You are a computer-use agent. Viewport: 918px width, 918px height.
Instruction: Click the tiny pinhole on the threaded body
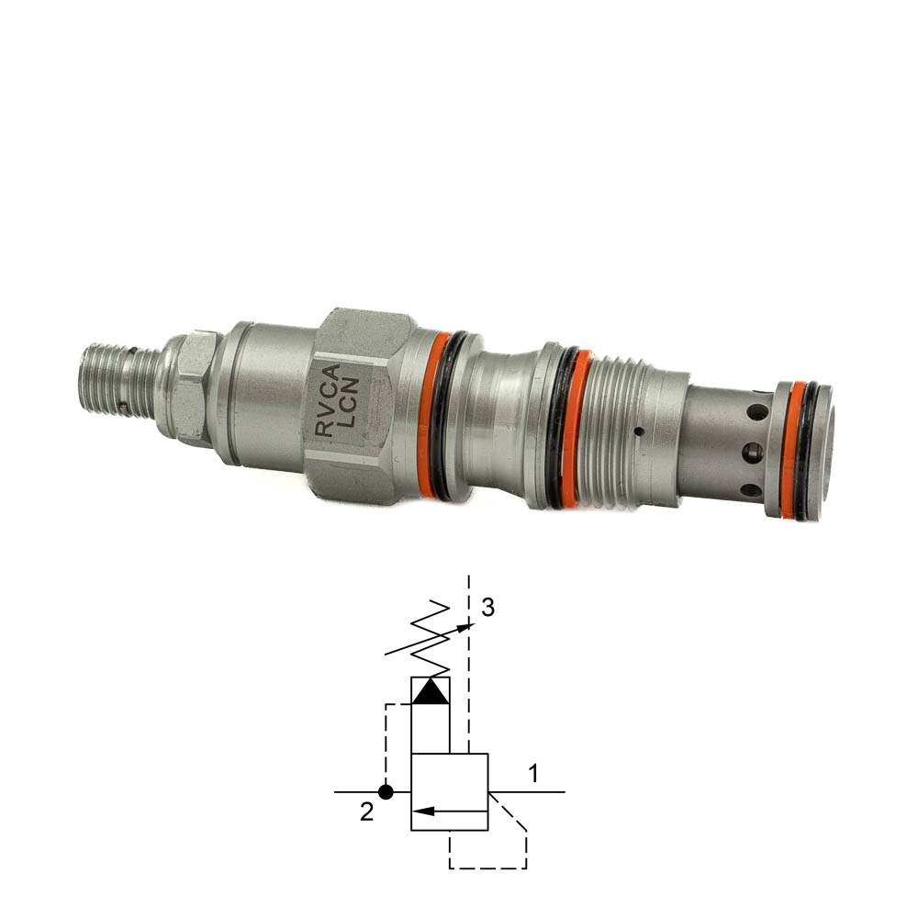[x=639, y=432]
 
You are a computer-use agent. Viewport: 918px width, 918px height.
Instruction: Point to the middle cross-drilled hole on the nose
[x=753, y=452]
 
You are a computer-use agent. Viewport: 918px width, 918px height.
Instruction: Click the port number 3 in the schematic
[x=487, y=608]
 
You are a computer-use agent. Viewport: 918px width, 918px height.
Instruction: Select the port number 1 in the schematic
[x=532, y=774]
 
